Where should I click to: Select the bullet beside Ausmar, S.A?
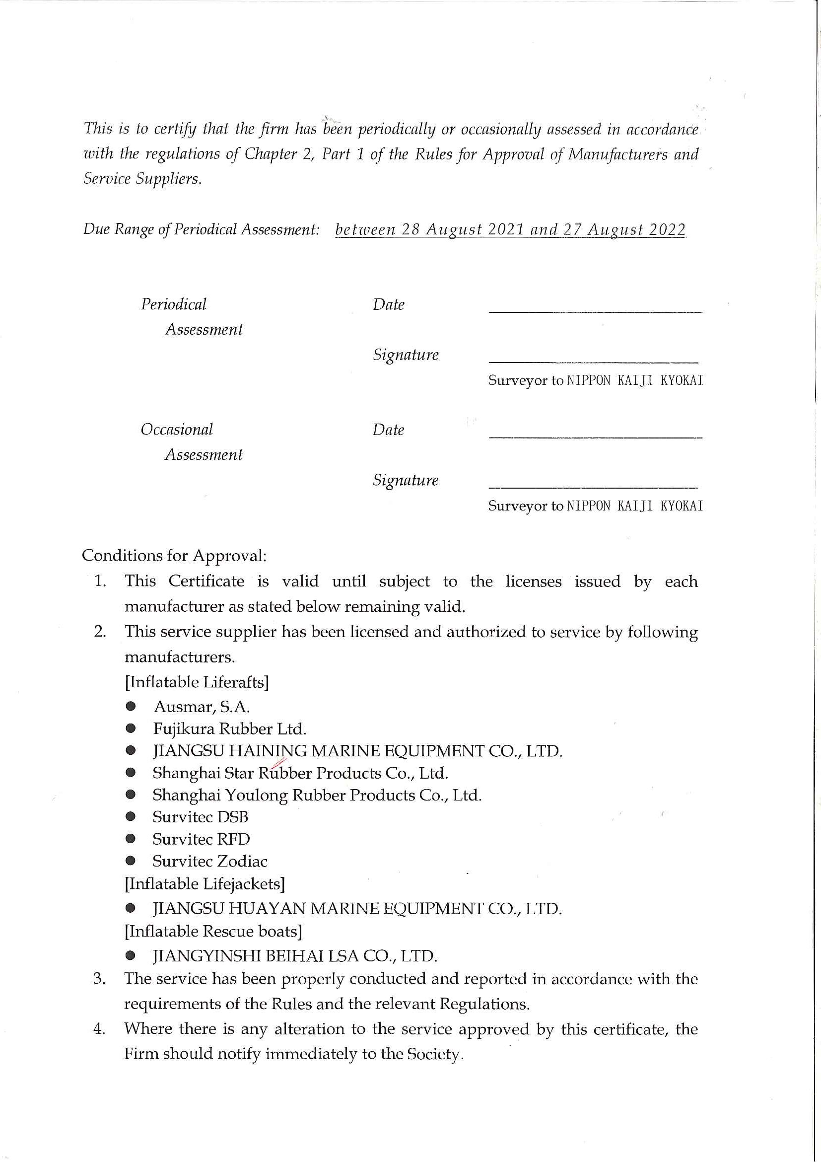pyautogui.click(x=131, y=706)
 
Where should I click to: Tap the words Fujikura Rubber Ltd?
pyautogui.click(x=230, y=729)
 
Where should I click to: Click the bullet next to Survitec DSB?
pyautogui.click(x=131, y=817)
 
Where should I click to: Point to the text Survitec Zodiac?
pyautogui.click(x=210, y=861)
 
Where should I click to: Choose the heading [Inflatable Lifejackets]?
pyautogui.click(x=205, y=883)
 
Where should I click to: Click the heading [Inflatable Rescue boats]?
pyautogui.click(x=213, y=931)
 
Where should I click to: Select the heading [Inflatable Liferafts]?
pyautogui.click(x=197, y=682)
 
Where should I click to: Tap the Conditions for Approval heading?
pyautogui.click(x=174, y=556)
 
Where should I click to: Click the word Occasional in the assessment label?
pyautogui.click(x=177, y=430)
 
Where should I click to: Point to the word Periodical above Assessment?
pyautogui.click(x=174, y=304)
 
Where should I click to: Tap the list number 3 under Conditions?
pyautogui.click(x=99, y=978)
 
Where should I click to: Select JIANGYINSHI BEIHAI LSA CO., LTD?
pyautogui.click(x=295, y=956)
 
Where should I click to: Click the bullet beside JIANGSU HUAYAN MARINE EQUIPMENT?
pyautogui.click(x=131, y=908)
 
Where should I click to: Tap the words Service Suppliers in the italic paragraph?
pyautogui.click(x=142, y=179)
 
